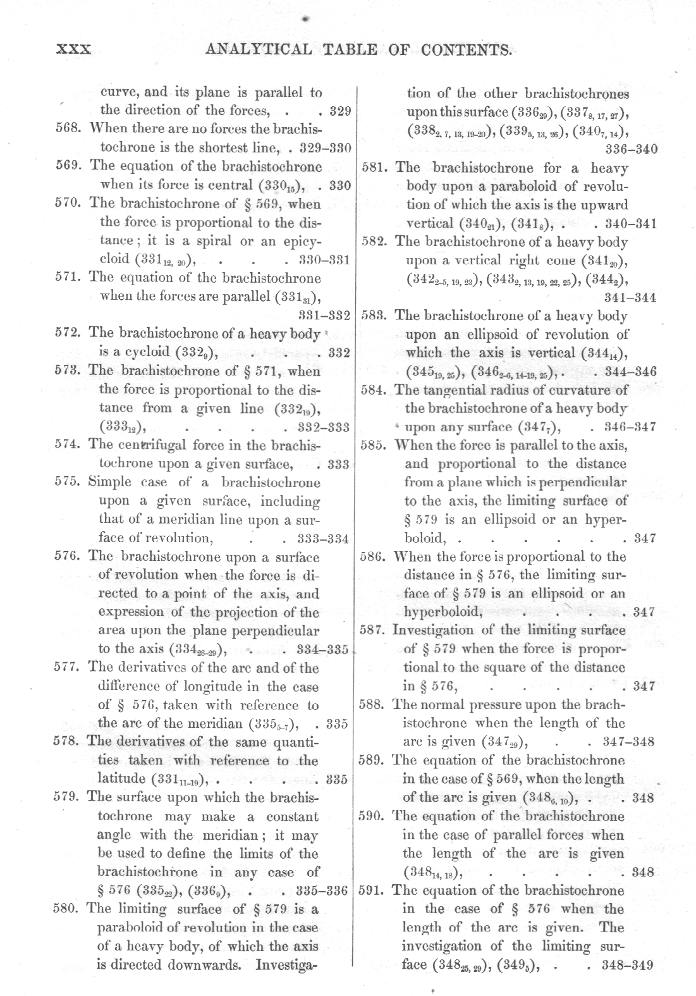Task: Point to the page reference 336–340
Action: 631,150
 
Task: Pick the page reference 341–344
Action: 630,297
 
